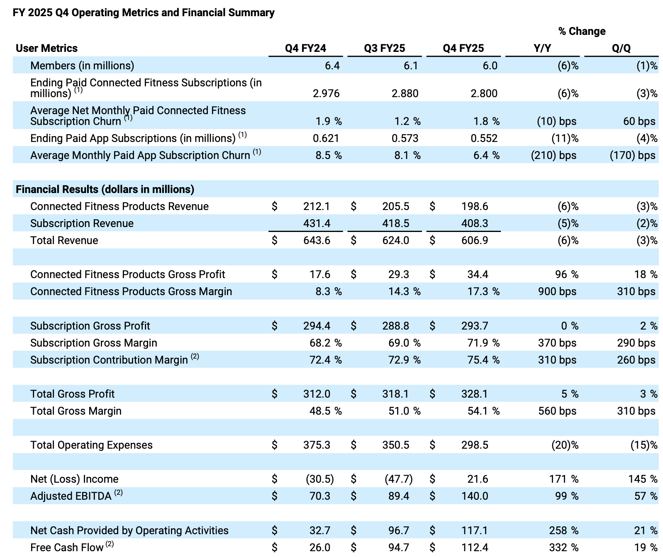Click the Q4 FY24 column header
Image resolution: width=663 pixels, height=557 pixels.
coord(305,48)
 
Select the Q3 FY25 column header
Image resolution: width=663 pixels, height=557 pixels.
coord(384,48)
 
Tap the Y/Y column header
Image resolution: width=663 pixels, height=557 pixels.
coord(542,48)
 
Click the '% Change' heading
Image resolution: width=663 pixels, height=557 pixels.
coord(582,31)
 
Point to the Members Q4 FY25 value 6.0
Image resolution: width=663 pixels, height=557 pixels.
coord(490,66)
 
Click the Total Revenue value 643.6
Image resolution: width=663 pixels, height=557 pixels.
coord(317,240)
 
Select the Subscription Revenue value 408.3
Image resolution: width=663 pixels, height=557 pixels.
coord(475,223)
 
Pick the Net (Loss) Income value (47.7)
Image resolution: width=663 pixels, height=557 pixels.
coord(398,479)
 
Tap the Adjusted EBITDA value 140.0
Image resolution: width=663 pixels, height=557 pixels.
coord(475,496)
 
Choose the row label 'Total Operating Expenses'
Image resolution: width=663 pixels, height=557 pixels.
coord(91,445)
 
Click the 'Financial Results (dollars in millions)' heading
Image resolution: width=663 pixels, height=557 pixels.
coord(105,189)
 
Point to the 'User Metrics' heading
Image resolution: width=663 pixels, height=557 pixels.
coord(46,48)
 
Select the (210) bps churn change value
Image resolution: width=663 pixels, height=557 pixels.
coord(553,155)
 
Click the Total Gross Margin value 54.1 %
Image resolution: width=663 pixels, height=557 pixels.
coord(483,411)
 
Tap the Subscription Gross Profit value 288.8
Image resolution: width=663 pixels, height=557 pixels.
coord(395,326)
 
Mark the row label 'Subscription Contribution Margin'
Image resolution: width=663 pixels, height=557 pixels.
coord(109,360)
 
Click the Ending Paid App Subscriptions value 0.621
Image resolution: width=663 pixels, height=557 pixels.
coord(326,138)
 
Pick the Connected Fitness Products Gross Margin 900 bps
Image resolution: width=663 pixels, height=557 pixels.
coord(557,291)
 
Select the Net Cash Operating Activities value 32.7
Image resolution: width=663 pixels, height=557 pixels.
coord(319,530)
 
